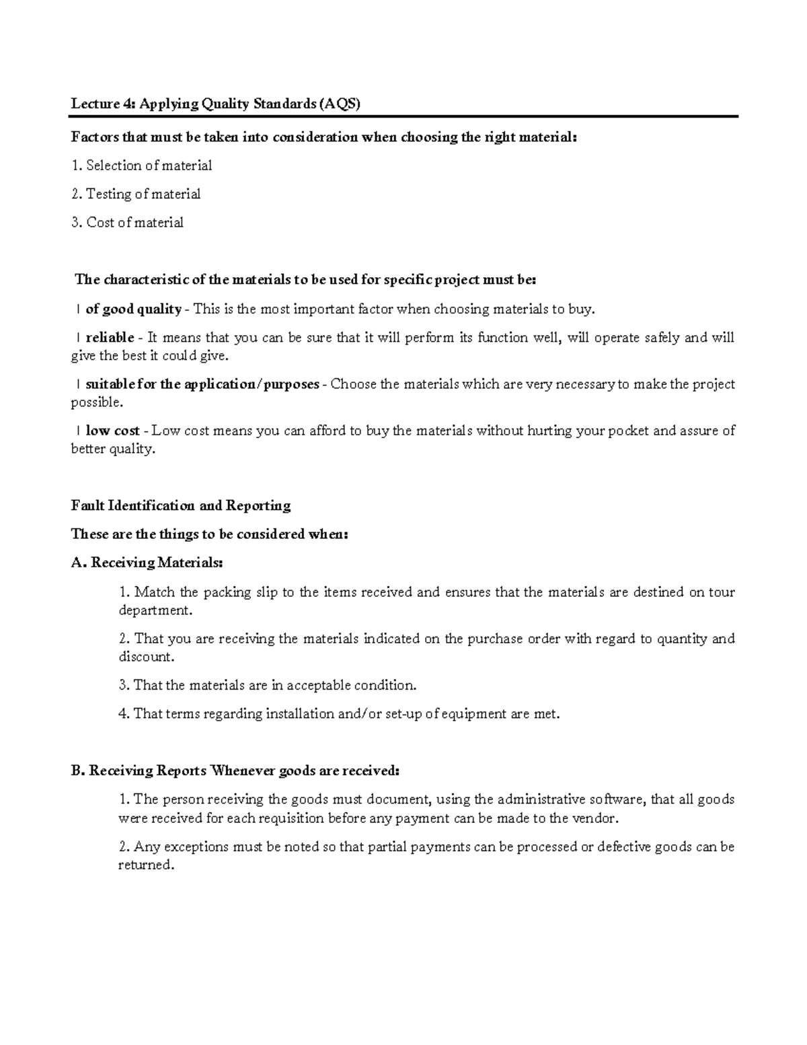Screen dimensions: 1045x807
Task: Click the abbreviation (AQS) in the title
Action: pos(340,104)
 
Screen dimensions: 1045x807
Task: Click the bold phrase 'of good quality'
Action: pos(133,310)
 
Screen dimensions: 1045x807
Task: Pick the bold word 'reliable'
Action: pos(110,338)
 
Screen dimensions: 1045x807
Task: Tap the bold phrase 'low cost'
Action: pos(112,431)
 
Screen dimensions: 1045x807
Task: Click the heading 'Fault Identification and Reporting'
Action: pos(181,505)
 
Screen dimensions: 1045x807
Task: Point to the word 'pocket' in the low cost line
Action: pos(628,431)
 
